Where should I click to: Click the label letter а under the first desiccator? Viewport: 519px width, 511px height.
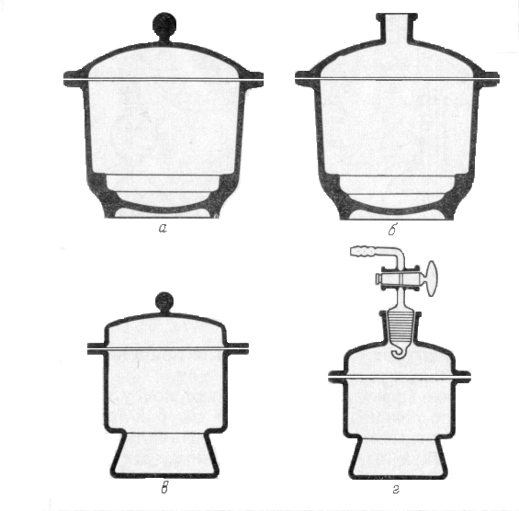point(163,228)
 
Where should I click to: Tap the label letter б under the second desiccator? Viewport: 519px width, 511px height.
point(392,229)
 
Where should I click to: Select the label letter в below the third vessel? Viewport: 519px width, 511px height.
point(164,488)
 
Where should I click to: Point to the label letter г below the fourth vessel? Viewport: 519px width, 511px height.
point(396,489)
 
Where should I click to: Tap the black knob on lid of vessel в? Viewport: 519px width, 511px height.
point(164,302)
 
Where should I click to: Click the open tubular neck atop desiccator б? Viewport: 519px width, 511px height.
point(397,28)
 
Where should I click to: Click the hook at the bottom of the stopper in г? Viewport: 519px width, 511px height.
point(399,352)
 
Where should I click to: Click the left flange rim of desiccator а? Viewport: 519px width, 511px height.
point(73,79)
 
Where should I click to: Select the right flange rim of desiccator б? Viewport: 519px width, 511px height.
point(489,79)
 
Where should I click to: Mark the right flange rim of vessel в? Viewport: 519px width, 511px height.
point(237,348)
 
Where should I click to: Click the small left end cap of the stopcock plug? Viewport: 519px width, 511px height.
point(378,278)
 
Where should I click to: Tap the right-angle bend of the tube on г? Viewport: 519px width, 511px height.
point(400,253)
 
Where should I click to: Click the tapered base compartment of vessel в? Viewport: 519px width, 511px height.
point(164,454)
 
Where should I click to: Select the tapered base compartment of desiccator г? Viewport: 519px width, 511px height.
point(398,459)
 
